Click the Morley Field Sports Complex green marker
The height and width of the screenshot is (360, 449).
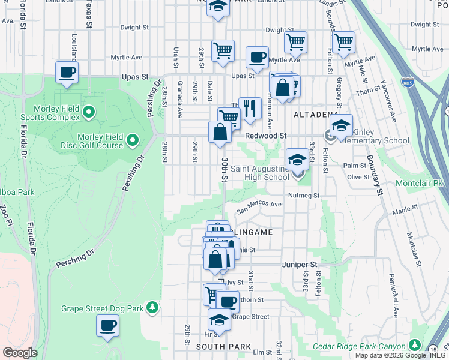[89, 112]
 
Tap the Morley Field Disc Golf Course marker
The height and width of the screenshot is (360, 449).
[133, 142]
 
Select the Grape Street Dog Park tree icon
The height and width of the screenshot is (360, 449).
[152, 308]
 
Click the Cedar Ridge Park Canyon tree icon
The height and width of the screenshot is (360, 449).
[414, 345]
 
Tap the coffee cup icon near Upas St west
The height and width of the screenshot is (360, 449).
[67, 72]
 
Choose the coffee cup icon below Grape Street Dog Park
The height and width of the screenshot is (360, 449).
[108, 325]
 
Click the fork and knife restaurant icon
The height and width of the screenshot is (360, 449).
[250, 108]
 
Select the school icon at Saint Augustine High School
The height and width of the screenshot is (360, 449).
[297, 160]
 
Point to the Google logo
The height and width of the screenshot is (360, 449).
[20, 353]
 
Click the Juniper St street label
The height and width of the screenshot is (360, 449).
[298, 264]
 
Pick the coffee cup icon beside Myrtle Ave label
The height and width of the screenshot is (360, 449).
[257, 58]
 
